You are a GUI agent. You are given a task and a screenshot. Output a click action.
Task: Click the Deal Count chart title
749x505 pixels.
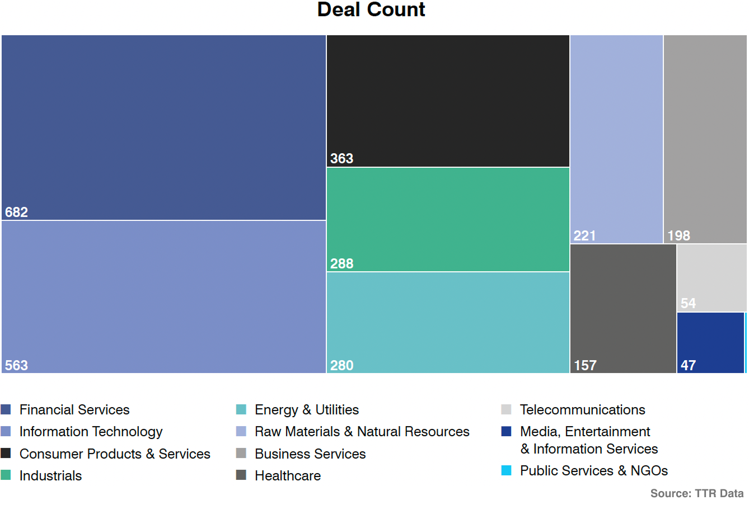click(x=371, y=10)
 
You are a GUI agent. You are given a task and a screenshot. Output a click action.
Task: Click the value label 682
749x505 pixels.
click(x=16, y=213)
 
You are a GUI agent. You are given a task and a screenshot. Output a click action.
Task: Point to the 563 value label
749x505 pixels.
click(x=16, y=366)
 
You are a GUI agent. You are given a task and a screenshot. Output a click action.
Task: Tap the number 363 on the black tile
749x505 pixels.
click(x=341, y=159)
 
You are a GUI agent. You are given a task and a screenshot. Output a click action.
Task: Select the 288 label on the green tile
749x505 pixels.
click(x=341, y=264)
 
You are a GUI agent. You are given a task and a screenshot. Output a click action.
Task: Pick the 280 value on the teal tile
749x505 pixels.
click(x=341, y=366)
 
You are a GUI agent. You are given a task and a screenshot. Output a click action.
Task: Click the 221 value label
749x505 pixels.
click(x=584, y=236)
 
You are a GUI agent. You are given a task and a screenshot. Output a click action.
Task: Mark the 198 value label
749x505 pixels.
click(x=678, y=236)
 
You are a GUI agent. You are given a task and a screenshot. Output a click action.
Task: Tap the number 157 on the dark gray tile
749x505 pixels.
click(x=585, y=366)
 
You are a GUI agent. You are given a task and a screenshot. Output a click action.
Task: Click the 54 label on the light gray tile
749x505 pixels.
click(x=688, y=304)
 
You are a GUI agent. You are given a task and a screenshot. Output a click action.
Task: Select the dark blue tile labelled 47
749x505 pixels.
click(x=710, y=342)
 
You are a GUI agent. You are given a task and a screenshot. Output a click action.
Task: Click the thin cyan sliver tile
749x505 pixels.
click(x=746, y=342)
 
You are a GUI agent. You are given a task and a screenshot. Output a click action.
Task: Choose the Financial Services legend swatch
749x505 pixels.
click(x=6, y=409)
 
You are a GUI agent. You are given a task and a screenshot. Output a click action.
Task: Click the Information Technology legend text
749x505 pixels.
click(x=91, y=432)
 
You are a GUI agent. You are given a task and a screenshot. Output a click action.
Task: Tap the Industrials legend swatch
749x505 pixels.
click(x=6, y=475)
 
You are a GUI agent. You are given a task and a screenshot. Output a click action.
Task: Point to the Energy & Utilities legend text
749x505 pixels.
click(x=306, y=410)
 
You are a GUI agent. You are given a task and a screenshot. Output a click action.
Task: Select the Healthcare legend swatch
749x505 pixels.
click(x=241, y=475)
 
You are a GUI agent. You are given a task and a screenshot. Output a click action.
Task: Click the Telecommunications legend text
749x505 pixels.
click(x=582, y=410)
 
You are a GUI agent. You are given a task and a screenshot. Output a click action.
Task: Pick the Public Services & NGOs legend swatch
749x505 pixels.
click(x=507, y=470)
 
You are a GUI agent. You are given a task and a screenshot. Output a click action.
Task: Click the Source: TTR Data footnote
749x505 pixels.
click(x=696, y=493)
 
